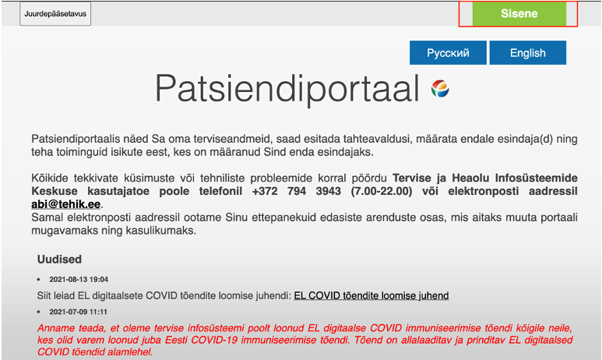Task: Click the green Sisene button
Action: click(519, 13)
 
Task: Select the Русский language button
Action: click(448, 53)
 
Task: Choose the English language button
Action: click(527, 53)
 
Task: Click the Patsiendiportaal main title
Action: click(287, 89)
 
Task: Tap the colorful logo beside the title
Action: click(440, 89)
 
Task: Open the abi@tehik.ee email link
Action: click(65, 204)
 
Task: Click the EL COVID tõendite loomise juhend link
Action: click(371, 295)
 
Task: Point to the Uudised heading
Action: click(59, 259)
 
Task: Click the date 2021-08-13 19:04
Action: click(79, 279)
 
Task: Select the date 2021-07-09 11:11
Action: click(78, 312)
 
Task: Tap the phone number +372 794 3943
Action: click(297, 191)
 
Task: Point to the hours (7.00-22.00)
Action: click(382, 191)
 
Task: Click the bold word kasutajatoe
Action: click(118, 191)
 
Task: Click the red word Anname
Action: click(55, 328)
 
